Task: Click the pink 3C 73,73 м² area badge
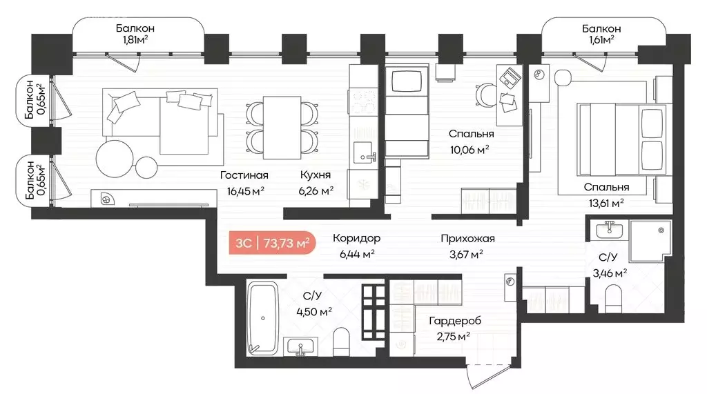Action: pos(272,243)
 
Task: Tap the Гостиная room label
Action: pos(244,175)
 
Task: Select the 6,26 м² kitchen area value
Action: pos(316,190)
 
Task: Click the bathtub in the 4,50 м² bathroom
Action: pos(262,318)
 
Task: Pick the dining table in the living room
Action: pos(282,128)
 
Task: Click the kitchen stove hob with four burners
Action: pos(362,102)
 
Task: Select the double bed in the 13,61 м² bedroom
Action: pos(622,139)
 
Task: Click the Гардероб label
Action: pos(454,321)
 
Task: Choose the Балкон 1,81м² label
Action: pos(135,34)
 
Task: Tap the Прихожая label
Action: pos(467,238)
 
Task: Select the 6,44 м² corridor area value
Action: pos(357,254)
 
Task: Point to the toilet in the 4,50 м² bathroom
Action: pos(341,342)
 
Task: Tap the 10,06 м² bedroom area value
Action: pos(469,150)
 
